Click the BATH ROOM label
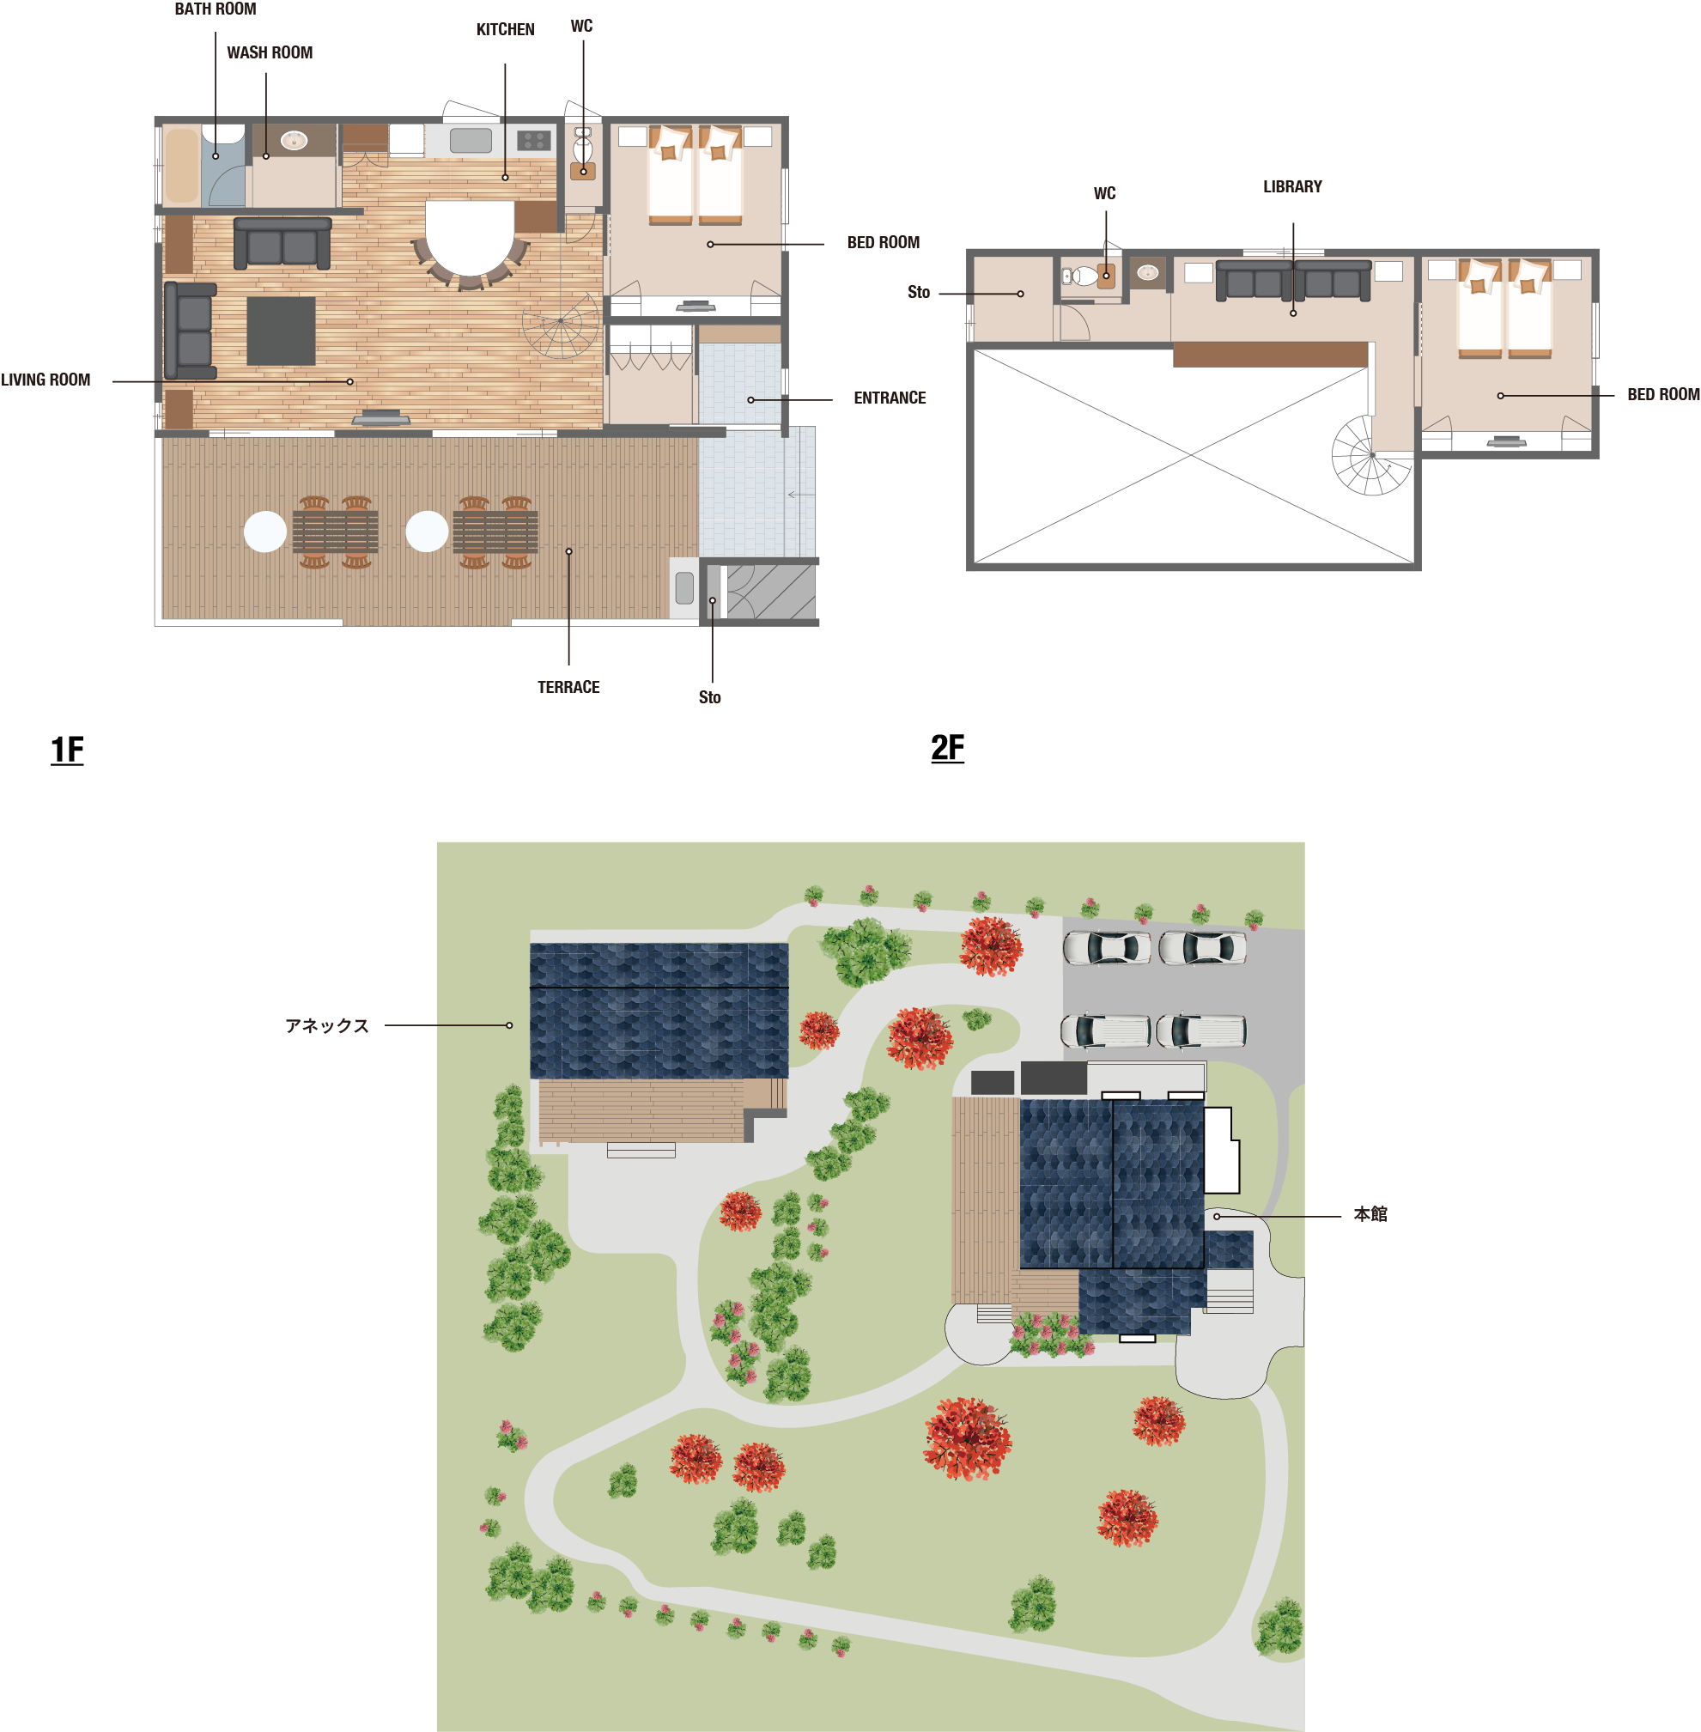click(216, 9)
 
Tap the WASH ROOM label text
click(270, 52)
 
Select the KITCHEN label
click(506, 29)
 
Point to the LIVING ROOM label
click(46, 380)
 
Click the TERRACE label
click(568, 687)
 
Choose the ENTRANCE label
click(890, 398)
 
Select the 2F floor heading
click(947, 748)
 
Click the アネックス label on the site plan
click(327, 1025)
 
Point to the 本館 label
click(1370, 1214)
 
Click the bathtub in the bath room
click(181, 166)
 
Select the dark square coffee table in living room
click(281, 331)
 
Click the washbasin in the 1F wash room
click(294, 140)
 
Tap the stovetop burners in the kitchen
click(533, 140)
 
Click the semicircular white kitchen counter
click(470, 238)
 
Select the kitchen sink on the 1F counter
click(471, 140)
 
